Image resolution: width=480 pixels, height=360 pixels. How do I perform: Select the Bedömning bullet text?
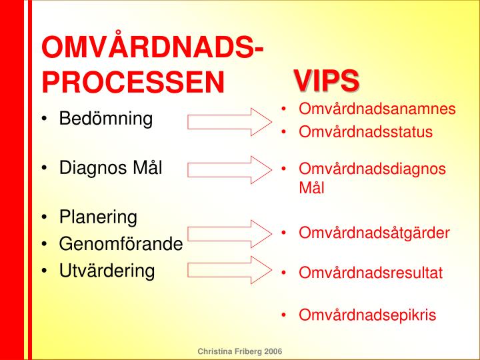point(106,119)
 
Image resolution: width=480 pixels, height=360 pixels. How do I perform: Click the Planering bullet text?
point(98,217)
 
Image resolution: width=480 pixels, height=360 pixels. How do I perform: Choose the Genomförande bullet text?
point(121,244)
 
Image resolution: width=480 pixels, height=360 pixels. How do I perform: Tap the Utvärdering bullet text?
point(107,271)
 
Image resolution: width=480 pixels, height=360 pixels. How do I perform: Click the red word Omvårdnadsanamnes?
point(377,109)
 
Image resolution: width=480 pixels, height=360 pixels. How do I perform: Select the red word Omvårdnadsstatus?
point(365,132)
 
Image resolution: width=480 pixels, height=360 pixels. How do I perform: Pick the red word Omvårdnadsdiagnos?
point(372,169)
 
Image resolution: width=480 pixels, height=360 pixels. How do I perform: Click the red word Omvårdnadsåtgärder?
point(374,233)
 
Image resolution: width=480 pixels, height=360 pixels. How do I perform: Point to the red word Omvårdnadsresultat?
point(371,273)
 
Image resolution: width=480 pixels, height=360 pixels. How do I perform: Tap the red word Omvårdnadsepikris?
point(367,315)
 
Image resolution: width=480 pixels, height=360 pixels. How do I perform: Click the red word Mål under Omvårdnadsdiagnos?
point(311,188)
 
